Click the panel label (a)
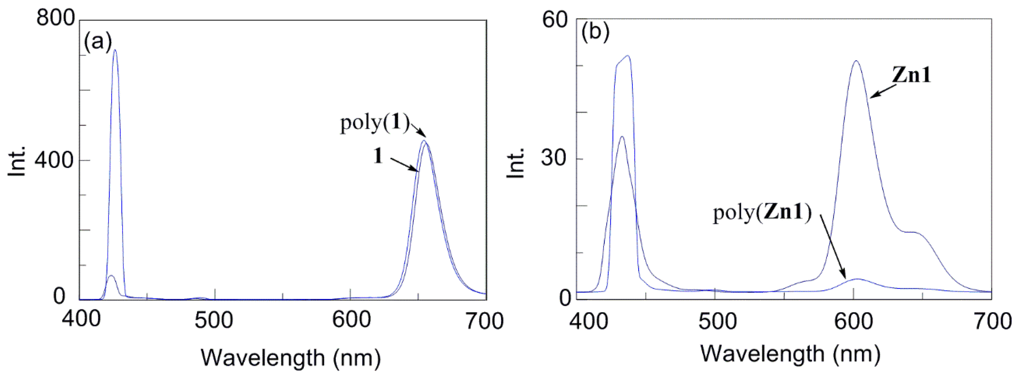(x=98, y=41)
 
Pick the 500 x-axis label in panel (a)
(x=214, y=320)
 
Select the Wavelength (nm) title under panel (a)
(x=291, y=358)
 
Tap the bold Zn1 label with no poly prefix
(x=911, y=75)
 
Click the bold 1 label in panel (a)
(x=378, y=156)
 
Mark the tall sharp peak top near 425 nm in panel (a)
(x=115, y=50)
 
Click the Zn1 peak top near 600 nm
(x=856, y=61)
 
